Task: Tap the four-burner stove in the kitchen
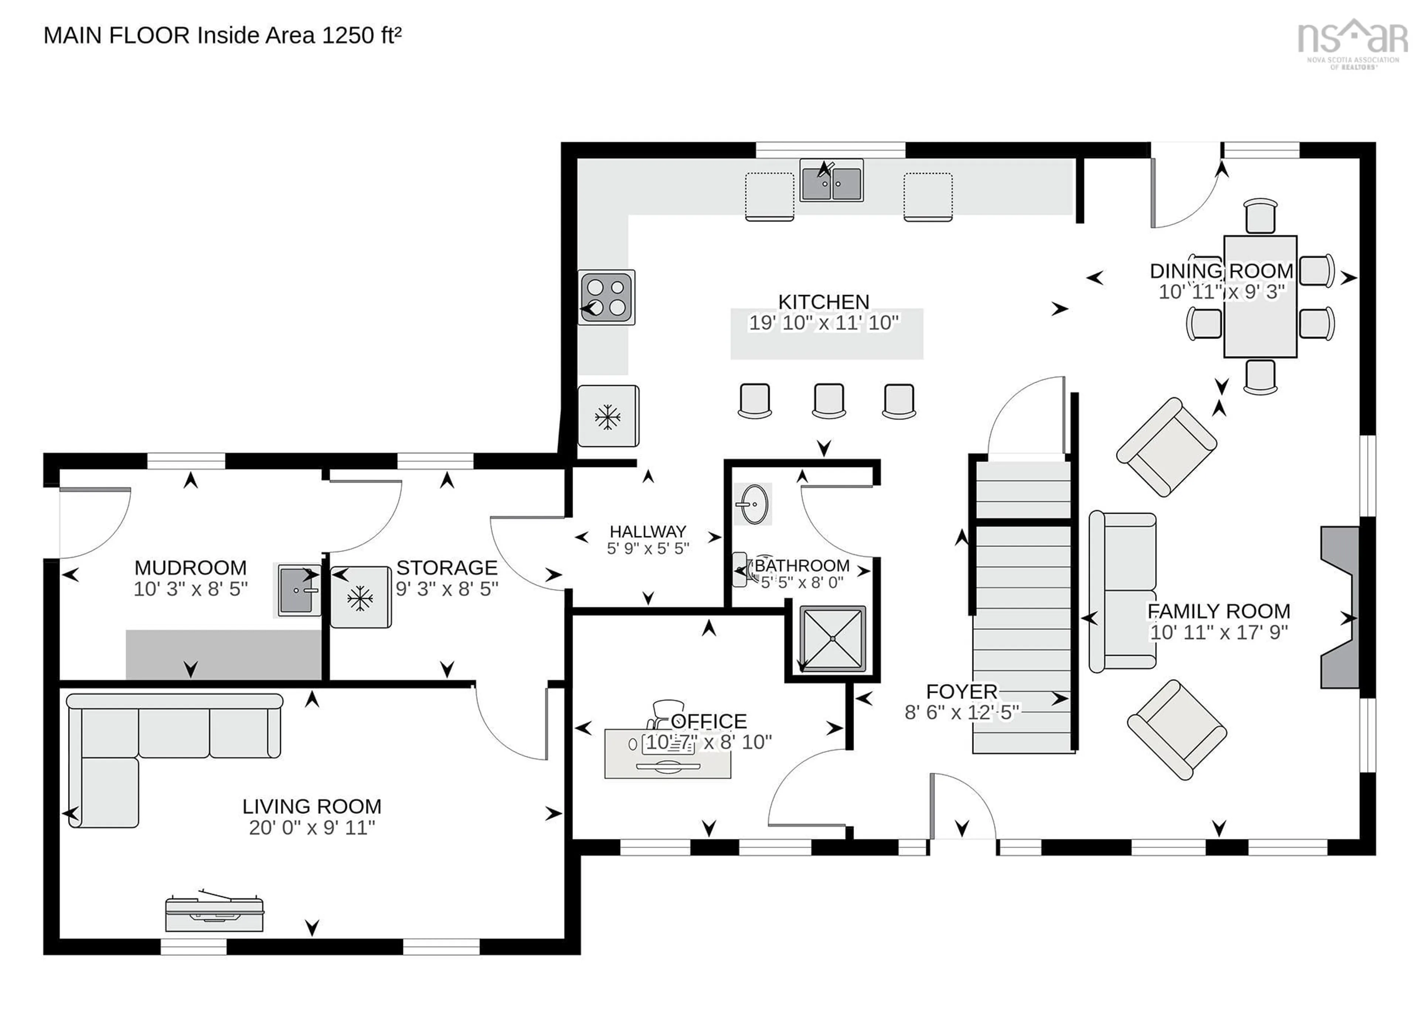tap(606, 297)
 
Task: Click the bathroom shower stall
tap(833, 638)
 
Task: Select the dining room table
tap(1259, 296)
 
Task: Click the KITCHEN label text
tap(823, 302)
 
